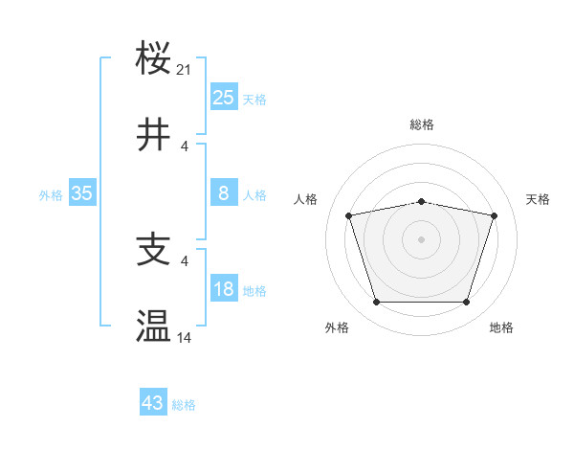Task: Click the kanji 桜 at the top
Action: click(153, 59)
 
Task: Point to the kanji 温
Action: click(153, 326)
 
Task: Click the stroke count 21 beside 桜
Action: click(185, 70)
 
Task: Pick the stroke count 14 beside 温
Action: click(185, 337)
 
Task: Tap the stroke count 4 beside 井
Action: click(185, 146)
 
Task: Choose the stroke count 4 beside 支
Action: click(185, 260)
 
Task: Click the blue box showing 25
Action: click(224, 98)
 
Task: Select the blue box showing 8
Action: click(224, 193)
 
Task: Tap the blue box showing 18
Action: click(224, 289)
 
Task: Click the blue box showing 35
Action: click(82, 193)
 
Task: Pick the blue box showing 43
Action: click(153, 403)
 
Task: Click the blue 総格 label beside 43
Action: click(184, 405)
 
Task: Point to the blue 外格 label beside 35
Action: click(51, 195)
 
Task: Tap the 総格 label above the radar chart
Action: click(421, 124)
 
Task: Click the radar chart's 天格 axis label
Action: click(538, 199)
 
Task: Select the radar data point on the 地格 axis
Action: click(466, 303)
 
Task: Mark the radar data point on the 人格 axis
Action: click(349, 215)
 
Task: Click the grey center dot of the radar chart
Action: click(421, 239)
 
